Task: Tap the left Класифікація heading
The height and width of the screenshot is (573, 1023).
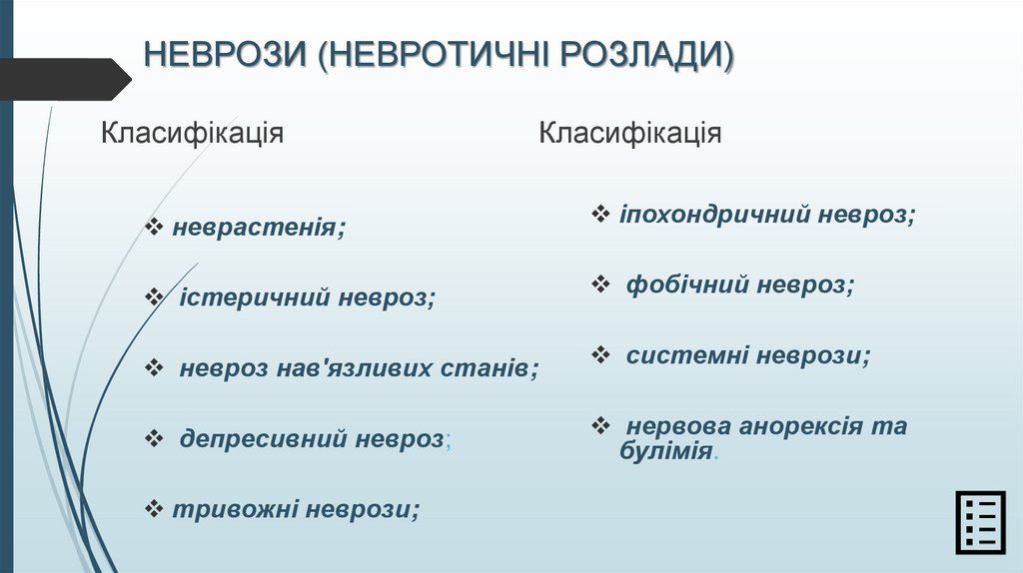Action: (x=192, y=133)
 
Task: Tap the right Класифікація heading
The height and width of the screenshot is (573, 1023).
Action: (x=629, y=133)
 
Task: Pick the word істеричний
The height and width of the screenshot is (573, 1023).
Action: (x=254, y=297)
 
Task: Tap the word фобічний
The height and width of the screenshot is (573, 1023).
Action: (x=687, y=285)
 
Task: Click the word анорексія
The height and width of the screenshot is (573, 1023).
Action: (x=801, y=426)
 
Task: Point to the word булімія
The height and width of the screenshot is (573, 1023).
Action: (x=665, y=450)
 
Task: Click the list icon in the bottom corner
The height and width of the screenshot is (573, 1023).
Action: (x=978, y=522)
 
